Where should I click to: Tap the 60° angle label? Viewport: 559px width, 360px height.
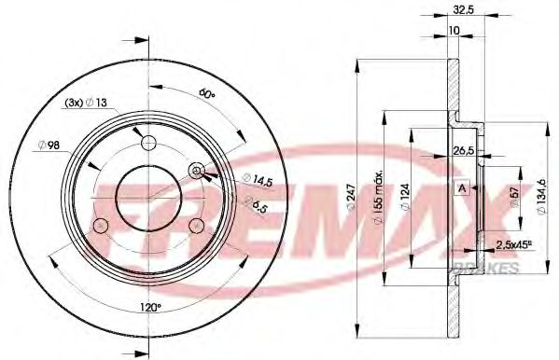click(206, 95)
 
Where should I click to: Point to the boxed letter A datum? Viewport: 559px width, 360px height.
click(460, 188)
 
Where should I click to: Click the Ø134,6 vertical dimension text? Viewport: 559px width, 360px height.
click(543, 195)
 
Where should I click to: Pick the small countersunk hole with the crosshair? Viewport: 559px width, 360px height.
click(197, 170)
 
